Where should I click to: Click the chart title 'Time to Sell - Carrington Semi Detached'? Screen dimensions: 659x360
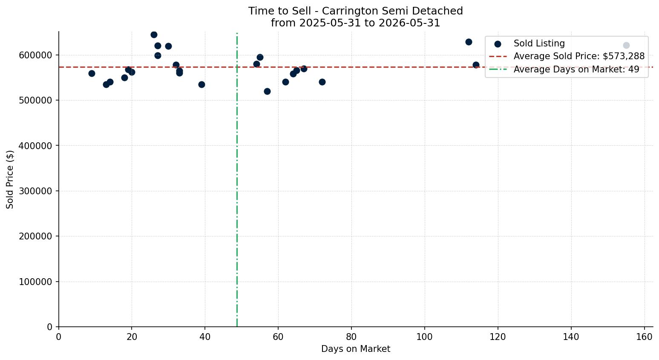point(355,11)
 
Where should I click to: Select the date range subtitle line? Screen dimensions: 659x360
point(355,23)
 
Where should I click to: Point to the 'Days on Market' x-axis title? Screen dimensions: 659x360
point(355,349)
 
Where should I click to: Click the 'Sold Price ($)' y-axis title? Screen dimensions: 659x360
point(10,179)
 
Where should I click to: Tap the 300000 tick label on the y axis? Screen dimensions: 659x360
point(36,191)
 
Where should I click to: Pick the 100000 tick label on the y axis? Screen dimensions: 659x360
point(36,282)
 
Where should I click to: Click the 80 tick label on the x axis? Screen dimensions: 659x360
point(351,337)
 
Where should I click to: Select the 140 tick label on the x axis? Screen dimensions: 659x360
point(571,337)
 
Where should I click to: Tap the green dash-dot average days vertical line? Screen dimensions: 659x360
point(237,180)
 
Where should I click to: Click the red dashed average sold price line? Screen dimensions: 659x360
point(356,67)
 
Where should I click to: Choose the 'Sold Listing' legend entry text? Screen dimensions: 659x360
point(539,43)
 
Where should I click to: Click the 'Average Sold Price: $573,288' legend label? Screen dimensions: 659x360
point(579,56)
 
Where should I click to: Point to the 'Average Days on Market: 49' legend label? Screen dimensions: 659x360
point(576,69)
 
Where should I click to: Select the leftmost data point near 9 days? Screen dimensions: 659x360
point(92,73)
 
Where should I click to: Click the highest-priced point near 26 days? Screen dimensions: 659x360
point(154,35)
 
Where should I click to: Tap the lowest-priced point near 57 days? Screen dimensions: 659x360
point(267,92)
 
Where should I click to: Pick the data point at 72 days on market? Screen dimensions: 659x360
point(322,82)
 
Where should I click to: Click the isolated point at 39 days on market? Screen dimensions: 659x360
point(201,85)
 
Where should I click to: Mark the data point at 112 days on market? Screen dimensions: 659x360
point(469,42)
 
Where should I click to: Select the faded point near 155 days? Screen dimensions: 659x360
point(626,45)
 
